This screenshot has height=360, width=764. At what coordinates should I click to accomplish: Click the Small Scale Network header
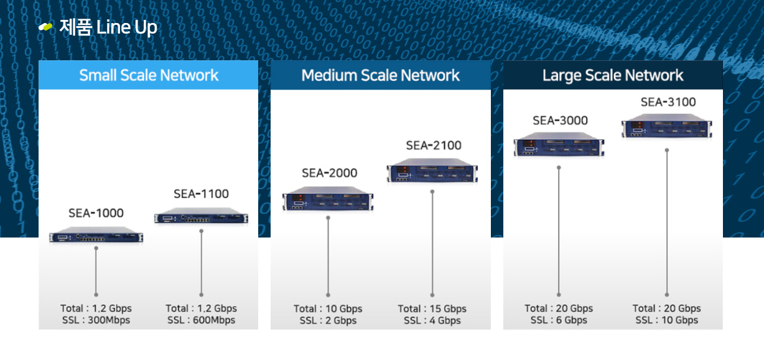pyautogui.click(x=149, y=75)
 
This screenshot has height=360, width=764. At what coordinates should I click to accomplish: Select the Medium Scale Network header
pyautogui.click(x=380, y=75)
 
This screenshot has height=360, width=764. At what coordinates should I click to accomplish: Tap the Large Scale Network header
pyautogui.click(x=613, y=75)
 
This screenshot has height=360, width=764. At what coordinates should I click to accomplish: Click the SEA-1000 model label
pyautogui.click(x=96, y=213)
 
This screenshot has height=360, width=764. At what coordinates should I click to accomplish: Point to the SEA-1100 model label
pyautogui.click(x=201, y=193)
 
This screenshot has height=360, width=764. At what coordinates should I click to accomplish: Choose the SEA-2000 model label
pyautogui.click(x=329, y=173)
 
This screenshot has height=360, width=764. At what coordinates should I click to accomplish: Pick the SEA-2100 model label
pyautogui.click(x=434, y=145)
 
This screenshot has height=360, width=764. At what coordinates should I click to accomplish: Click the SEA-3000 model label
pyautogui.click(x=560, y=120)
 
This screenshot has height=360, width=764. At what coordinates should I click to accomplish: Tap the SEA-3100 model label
pyautogui.click(x=668, y=102)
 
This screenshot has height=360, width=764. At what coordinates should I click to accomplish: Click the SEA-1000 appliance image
pyautogui.click(x=96, y=236)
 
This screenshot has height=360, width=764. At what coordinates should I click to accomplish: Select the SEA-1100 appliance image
pyautogui.click(x=201, y=218)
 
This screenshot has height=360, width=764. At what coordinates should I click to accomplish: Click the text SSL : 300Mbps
pyautogui.click(x=96, y=320)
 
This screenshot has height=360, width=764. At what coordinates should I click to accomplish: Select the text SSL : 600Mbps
pyautogui.click(x=201, y=320)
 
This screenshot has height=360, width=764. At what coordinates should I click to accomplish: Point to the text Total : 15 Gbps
pyautogui.click(x=432, y=308)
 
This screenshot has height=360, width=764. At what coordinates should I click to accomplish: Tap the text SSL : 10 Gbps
pyautogui.click(x=666, y=320)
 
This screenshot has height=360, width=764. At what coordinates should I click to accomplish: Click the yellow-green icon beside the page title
pyautogui.click(x=45, y=27)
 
